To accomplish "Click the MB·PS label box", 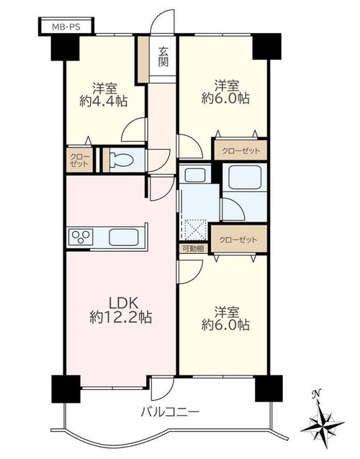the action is pos(66,27).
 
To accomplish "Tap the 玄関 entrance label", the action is pos(163,57).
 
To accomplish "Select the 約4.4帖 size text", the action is pos(103,101).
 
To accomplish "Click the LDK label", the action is pos(121,304).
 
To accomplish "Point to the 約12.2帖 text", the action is pos(121,317).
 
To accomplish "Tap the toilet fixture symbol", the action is pos(122,160).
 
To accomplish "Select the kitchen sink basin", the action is pos(123,237).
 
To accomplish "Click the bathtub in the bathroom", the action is pos(245,178).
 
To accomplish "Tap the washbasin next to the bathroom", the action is pos(194,175).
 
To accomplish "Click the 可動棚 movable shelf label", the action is pos(194,249).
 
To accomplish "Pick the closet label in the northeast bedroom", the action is pos(240,151).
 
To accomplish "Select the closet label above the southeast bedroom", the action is pos(238,240).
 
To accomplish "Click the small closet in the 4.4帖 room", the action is pos(79,160).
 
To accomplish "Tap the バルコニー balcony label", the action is pos(170,413).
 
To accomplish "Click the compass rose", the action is pos(323,424).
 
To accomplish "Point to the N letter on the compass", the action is pos(315,394).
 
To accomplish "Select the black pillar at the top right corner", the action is pos(266,47).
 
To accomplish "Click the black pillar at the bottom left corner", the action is pos(66,389).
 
